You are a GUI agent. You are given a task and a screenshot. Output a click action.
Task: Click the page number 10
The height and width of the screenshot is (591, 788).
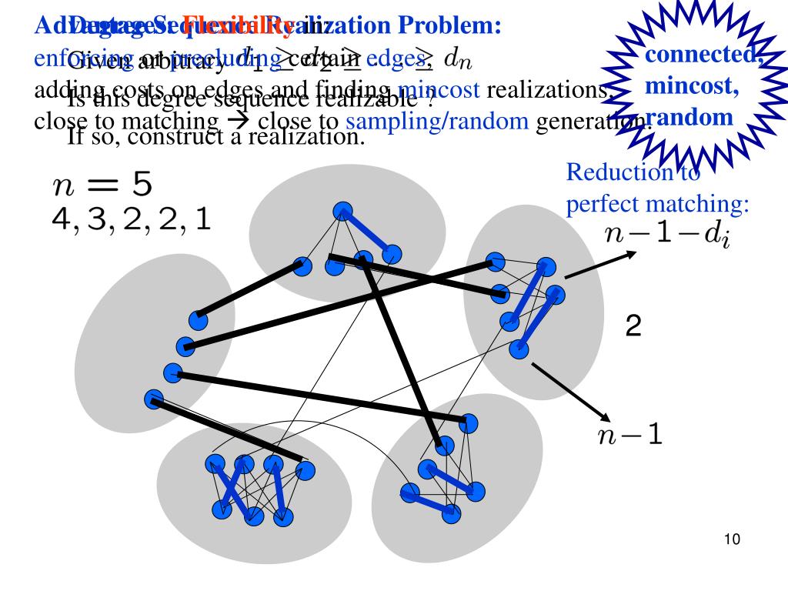point(731,539)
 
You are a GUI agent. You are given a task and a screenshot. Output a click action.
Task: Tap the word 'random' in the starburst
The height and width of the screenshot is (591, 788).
point(689,119)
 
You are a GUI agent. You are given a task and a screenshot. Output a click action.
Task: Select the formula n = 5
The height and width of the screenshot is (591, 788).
point(102,185)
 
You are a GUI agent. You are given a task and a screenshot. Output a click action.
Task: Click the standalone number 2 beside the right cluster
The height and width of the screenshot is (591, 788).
point(633,328)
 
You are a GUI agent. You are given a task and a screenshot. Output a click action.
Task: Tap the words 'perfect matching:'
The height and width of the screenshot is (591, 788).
point(657,205)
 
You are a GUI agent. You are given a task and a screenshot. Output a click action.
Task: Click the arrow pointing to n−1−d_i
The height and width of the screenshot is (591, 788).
point(600,265)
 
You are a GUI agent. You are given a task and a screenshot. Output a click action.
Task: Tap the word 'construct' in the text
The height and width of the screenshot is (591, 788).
point(175,136)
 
